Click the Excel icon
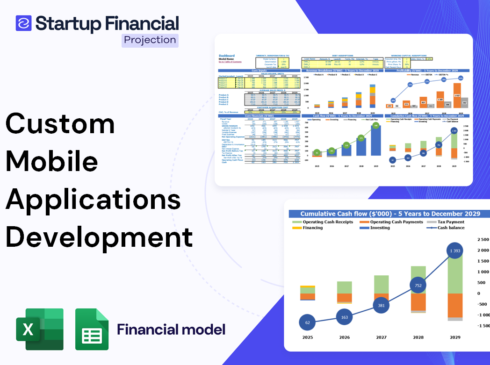40,329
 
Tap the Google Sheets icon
92,329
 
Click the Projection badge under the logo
150,40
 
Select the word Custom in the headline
60,124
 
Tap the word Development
99,236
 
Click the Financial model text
171,329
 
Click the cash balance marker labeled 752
418,286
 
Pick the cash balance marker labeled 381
381,305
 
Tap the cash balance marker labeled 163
344,317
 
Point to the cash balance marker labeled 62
307,322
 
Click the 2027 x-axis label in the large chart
381,337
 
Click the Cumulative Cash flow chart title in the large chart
390,214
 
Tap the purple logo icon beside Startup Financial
23,23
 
